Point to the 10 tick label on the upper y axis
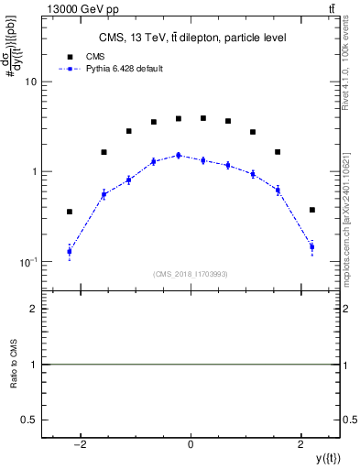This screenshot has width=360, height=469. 30,82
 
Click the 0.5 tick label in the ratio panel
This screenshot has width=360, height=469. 28,420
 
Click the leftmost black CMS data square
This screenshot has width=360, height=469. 69,212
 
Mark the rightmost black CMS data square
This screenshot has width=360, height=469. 312,210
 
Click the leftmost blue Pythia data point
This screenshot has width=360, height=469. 69,251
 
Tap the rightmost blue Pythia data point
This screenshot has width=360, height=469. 312,246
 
